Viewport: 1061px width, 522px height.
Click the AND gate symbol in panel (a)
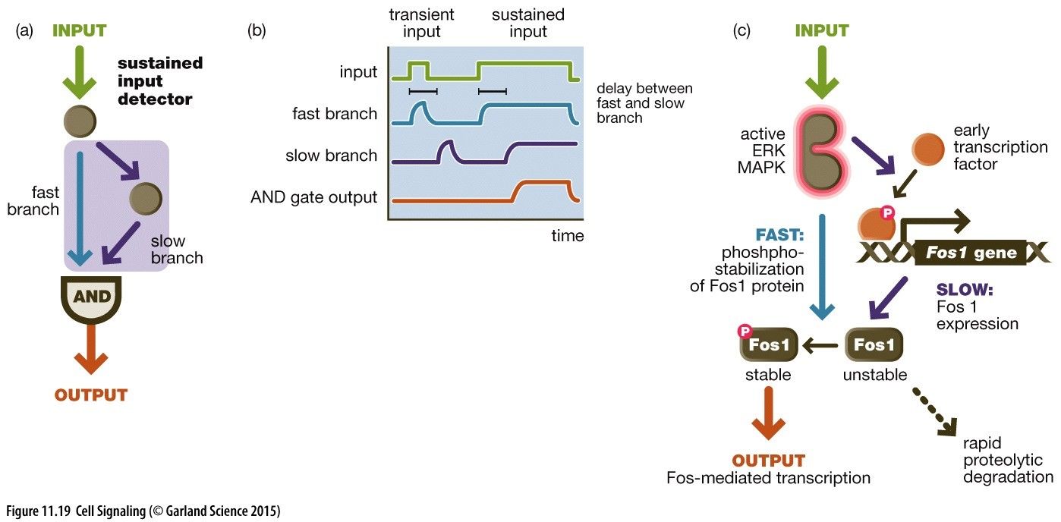point(91,298)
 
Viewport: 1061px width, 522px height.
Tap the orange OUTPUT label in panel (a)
point(91,395)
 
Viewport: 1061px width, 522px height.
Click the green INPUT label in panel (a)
point(80,31)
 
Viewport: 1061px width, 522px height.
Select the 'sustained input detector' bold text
point(160,80)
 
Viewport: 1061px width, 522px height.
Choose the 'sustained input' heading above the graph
point(528,23)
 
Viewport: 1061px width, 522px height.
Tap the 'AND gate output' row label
point(313,197)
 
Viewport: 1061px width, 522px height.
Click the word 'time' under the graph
point(568,236)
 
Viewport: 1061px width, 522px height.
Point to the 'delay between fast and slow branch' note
point(644,103)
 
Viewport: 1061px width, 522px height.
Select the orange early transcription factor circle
point(928,149)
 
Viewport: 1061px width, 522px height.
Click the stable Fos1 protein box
point(769,345)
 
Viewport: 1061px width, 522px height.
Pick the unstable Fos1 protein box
point(874,345)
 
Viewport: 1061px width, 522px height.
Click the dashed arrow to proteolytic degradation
point(934,413)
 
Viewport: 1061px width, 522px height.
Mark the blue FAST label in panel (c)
point(779,235)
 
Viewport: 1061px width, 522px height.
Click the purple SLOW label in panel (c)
point(965,290)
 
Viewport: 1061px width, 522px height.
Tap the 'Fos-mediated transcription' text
point(768,478)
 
